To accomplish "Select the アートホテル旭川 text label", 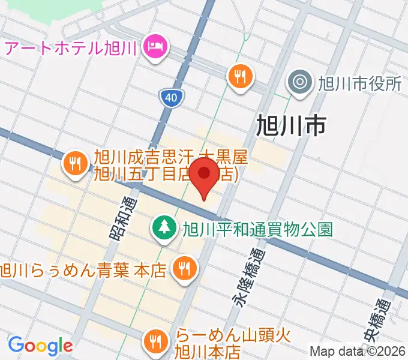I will pos(71,46).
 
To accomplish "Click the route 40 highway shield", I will pos(172,97).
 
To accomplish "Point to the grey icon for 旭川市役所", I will pos(299,82).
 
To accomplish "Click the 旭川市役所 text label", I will pos(360,83).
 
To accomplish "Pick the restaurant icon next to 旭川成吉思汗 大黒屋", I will pos(75,163).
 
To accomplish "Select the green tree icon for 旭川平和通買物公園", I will pos(163,227).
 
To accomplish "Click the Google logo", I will pos(40,346).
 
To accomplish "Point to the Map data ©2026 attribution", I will pos(357,352).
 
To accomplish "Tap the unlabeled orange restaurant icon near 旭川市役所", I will pos(240,76).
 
